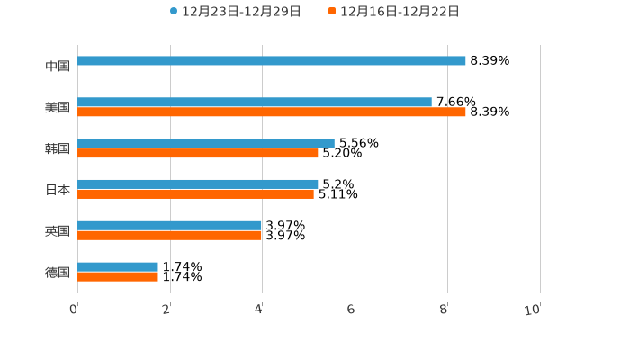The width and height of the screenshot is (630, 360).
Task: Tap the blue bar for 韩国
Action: (206, 143)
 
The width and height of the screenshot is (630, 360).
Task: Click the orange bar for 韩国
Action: (198, 153)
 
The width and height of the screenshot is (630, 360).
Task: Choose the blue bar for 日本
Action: (198, 184)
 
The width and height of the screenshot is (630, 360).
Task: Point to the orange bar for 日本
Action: (195, 193)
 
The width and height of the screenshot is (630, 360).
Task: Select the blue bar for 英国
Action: (170, 225)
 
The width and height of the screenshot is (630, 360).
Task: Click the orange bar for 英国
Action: (170, 235)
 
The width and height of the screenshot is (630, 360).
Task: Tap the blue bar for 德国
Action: (118, 266)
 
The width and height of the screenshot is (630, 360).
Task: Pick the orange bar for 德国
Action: (118, 276)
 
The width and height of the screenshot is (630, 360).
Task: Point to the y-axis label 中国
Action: (58, 66)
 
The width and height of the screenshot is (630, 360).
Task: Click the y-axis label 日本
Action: (58, 190)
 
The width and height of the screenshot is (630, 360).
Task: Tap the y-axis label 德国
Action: (58, 272)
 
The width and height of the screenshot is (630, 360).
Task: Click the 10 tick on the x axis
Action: (533, 310)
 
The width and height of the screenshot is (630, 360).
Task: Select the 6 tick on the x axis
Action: (352, 310)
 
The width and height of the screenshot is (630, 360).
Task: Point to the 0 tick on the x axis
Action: (74, 310)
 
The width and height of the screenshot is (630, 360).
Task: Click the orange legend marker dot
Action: (332, 12)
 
